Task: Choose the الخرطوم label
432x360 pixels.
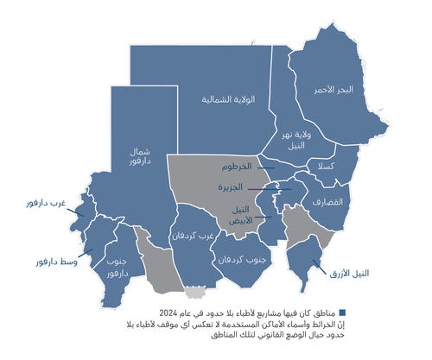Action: click(234, 166)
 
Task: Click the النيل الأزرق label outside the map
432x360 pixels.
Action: click(348, 274)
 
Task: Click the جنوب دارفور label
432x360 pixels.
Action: click(118, 266)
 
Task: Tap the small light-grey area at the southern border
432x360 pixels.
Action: click(199, 292)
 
